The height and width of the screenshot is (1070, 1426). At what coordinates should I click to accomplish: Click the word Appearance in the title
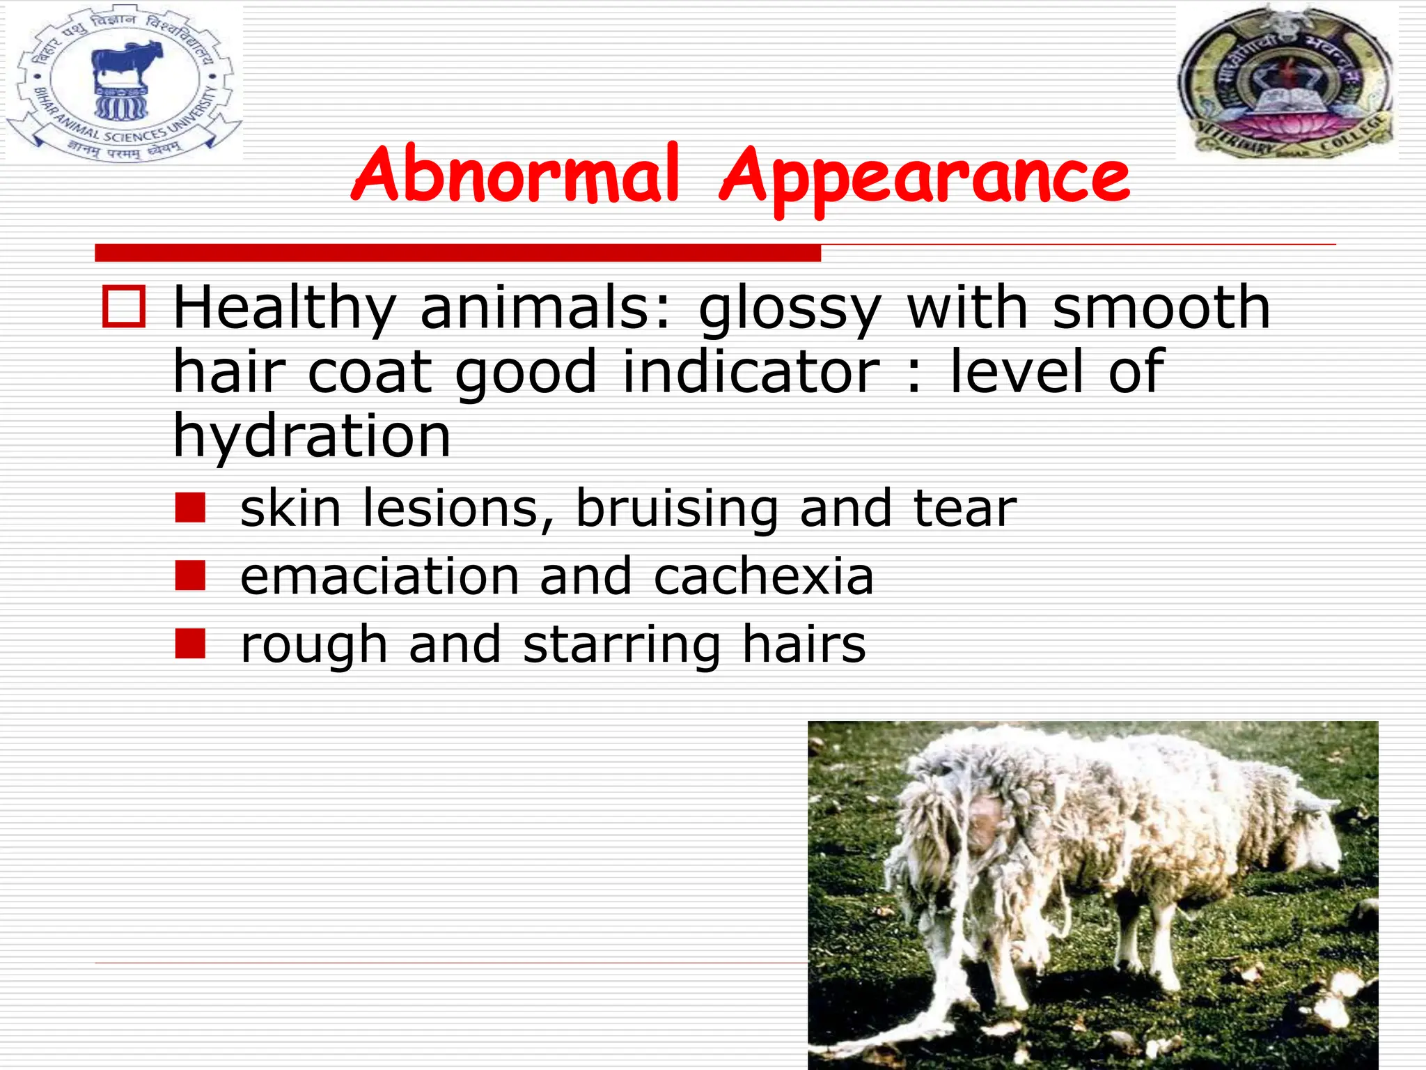click(925, 178)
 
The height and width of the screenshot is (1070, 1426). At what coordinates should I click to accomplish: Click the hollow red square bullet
click(124, 307)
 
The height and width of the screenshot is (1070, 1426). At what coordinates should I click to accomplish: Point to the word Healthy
click(284, 308)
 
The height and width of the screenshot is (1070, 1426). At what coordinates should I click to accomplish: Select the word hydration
click(312, 436)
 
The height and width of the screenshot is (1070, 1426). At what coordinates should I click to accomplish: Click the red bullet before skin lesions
click(190, 508)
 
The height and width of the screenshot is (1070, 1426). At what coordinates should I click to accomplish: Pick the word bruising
click(677, 509)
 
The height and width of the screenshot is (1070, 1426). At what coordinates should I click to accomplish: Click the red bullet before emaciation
click(190, 576)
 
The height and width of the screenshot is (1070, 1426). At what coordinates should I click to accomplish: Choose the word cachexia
click(763, 577)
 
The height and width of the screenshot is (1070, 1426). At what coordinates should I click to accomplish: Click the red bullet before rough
click(190, 644)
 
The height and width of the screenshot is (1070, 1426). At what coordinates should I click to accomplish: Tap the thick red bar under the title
click(457, 252)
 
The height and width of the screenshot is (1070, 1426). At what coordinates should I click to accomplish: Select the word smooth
click(1161, 308)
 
